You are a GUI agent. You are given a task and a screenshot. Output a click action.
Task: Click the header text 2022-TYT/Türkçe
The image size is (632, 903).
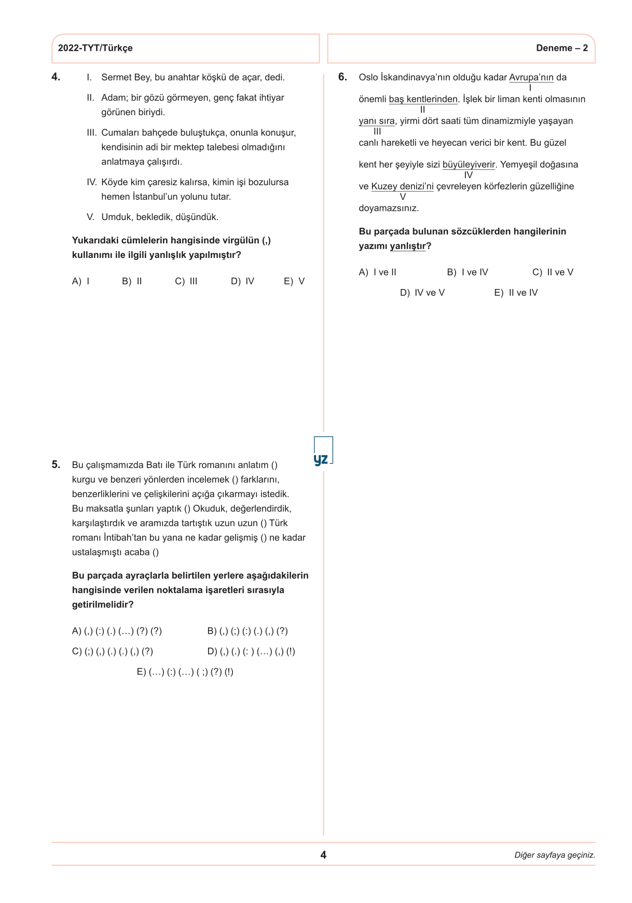point(95,48)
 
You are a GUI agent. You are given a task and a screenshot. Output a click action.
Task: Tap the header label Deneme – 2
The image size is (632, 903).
point(561,48)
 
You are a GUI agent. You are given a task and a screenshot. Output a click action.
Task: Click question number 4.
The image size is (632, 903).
point(56,77)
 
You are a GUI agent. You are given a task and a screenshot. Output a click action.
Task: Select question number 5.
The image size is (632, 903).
point(56,464)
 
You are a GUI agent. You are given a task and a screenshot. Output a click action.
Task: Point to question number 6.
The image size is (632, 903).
point(342,77)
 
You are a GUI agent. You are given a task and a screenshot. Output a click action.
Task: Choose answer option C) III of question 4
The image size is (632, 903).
point(186,281)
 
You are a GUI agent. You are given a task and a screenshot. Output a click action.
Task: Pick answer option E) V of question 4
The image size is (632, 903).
point(294,281)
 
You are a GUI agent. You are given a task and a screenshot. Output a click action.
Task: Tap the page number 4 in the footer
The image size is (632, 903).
point(323,855)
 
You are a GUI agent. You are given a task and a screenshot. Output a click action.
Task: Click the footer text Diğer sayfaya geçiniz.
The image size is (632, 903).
point(554,855)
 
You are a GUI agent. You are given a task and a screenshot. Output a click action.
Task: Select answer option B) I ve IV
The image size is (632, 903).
point(468,272)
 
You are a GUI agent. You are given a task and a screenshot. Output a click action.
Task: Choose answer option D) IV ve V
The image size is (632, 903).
point(422,293)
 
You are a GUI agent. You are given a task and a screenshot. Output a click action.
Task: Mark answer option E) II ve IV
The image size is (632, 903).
point(516,293)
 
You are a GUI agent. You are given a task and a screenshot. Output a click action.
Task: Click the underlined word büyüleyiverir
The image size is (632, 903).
point(469,165)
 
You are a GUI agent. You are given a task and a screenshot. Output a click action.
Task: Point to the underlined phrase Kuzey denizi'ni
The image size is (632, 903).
point(402,187)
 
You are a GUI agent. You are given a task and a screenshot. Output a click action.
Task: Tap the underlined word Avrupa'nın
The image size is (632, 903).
point(531,78)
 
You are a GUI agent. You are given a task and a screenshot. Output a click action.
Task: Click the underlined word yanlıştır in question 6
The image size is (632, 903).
point(407,246)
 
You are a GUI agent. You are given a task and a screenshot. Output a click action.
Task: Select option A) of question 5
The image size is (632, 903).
point(117,631)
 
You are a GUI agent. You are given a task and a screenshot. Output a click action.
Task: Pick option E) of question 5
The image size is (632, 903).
point(185,672)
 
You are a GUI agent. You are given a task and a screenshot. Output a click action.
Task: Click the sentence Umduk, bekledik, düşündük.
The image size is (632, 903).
point(160,217)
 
